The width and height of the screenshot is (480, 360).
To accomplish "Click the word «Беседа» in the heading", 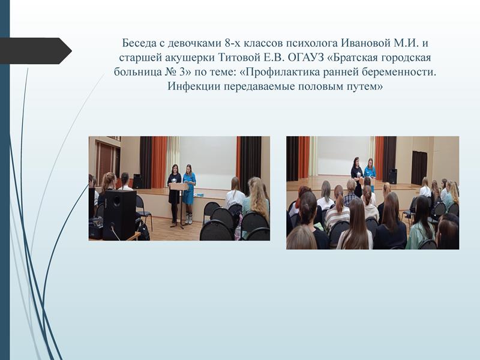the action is tap(139, 43).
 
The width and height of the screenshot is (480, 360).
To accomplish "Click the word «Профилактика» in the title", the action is tap(279, 72).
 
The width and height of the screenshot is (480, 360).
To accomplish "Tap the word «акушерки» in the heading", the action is tap(191, 58).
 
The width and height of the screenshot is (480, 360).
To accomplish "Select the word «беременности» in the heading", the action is tap(398, 72).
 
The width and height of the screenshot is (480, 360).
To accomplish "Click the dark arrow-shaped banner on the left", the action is tap(36, 51).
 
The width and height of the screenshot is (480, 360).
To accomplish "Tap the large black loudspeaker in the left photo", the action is tap(119, 215).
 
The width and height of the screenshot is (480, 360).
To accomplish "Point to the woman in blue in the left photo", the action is tap(189, 193).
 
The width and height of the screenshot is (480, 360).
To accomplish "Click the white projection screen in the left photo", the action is tap(208, 163).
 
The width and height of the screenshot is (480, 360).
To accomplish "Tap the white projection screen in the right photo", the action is tap(344, 156).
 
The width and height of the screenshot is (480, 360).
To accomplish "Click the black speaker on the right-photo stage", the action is tap(393, 176).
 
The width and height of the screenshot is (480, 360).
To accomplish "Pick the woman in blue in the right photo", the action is tap(370, 170).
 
